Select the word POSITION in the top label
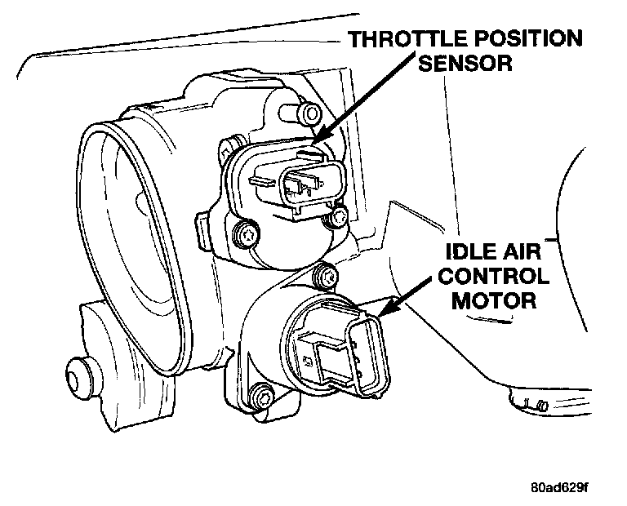click(x=532, y=39)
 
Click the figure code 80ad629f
click(x=558, y=488)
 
